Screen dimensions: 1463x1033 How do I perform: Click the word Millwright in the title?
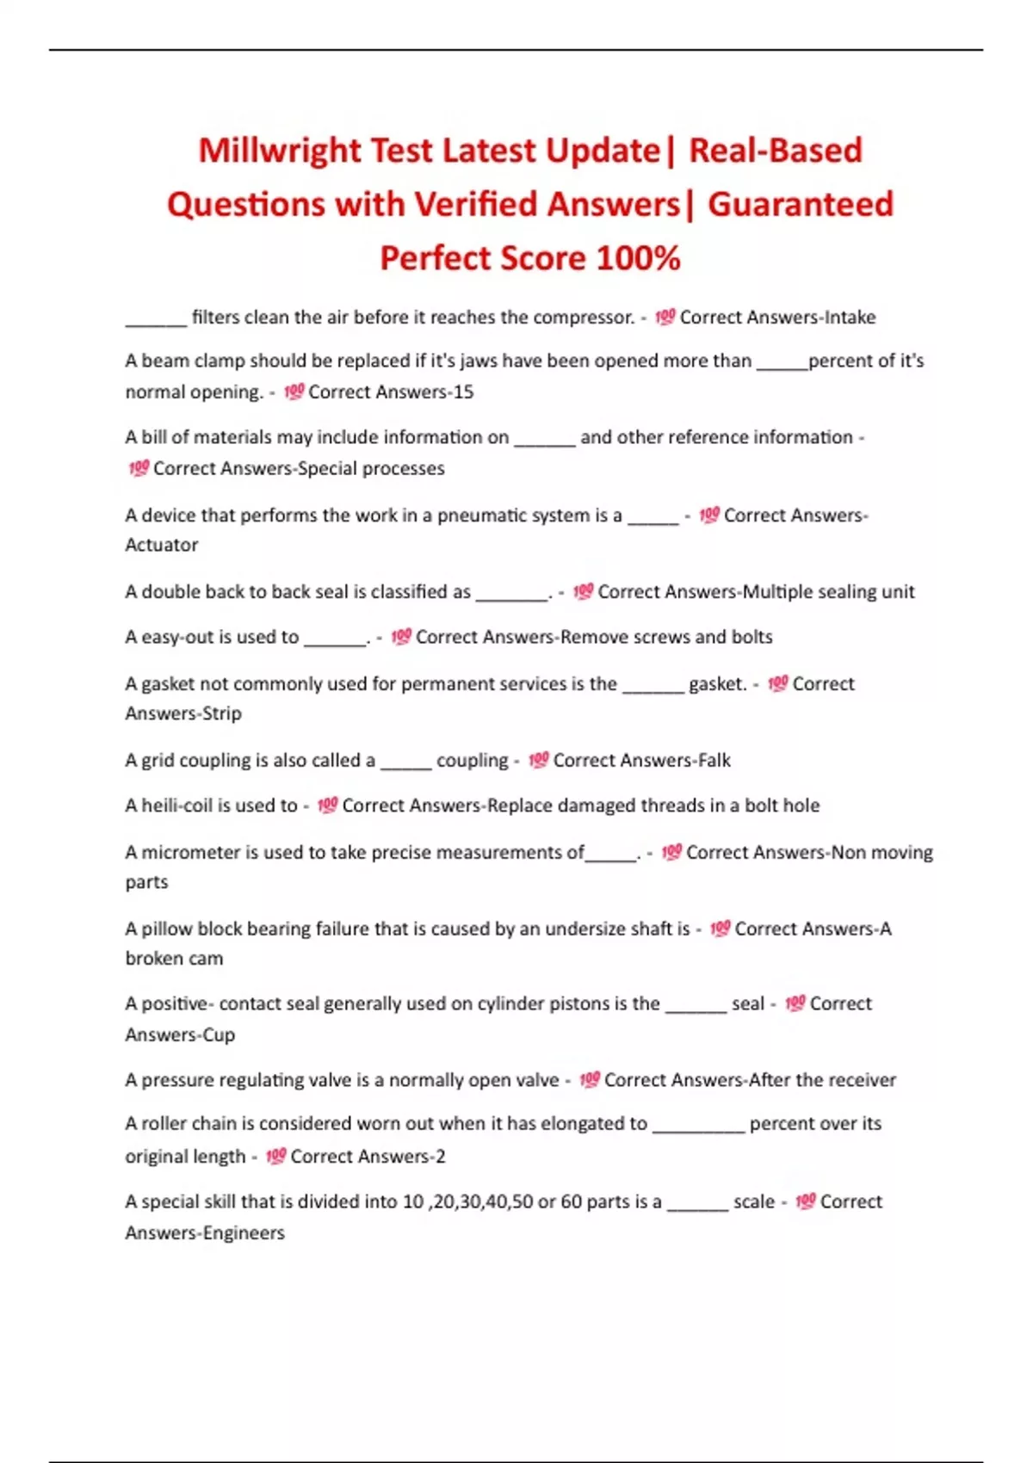[x=280, y=151]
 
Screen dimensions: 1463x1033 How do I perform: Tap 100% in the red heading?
[x=638, y=258]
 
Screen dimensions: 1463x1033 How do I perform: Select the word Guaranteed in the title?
[x=800, y=205]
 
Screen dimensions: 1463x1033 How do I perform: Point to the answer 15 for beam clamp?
[x=463, y=392]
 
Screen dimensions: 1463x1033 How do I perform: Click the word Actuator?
[x=162, y=545]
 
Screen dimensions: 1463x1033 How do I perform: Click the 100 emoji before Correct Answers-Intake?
[x=665, y=318]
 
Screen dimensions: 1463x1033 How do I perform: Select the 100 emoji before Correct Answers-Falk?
[x=538, y=761]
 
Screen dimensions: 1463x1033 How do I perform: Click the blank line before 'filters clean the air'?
[x=156, y=324]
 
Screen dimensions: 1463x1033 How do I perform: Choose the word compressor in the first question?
[x=583, y=318]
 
